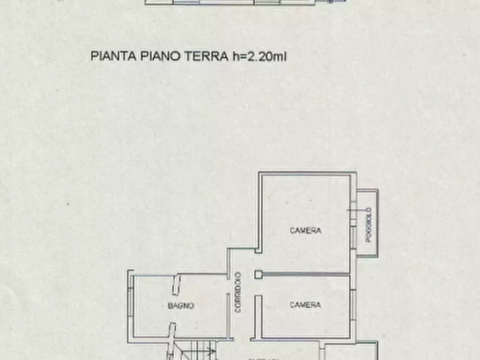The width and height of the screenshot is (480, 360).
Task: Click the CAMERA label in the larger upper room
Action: (305, 231)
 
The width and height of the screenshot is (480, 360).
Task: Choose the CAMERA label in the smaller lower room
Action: (305, 305)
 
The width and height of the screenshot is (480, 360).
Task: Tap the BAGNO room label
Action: (181, 306)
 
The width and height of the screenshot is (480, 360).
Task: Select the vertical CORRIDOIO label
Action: (237, 292)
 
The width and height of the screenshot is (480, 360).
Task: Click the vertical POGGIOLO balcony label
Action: (369, 225)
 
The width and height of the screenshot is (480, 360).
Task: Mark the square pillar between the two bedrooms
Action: (258, 275)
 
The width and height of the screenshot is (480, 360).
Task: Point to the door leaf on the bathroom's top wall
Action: (176, 285)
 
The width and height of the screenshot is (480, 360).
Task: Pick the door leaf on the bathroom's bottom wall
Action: (172, 330)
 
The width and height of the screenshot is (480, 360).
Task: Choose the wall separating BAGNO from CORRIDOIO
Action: (228, 306)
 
